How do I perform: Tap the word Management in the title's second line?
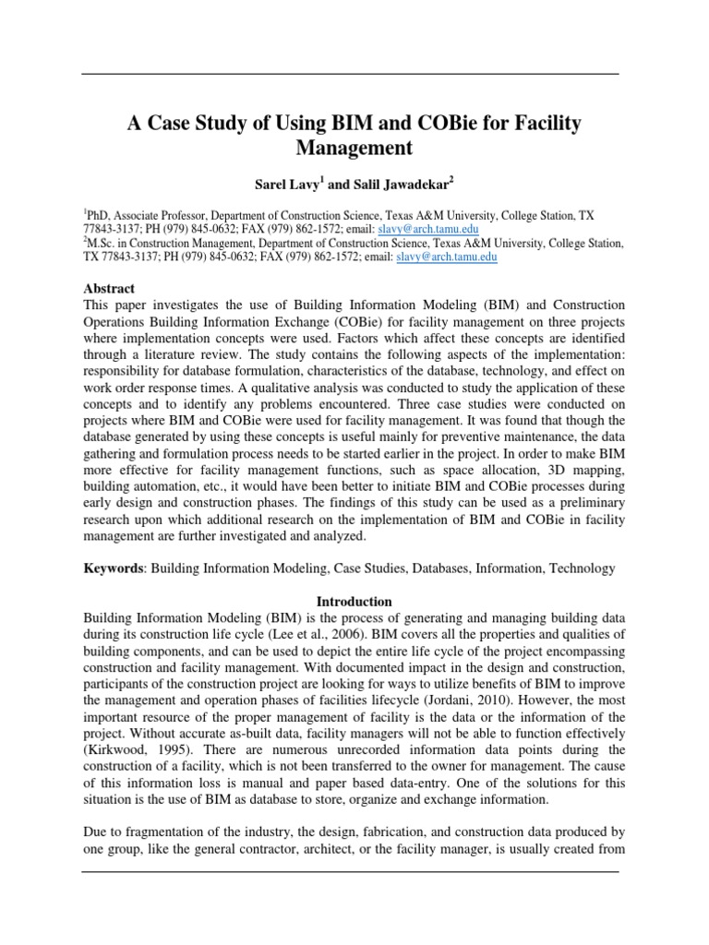[354, 147]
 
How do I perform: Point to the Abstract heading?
[109, 288]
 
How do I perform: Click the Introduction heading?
[354, 601]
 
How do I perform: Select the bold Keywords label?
[114, 570]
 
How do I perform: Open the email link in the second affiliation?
[446, 258]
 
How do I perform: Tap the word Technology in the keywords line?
[581, 570]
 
